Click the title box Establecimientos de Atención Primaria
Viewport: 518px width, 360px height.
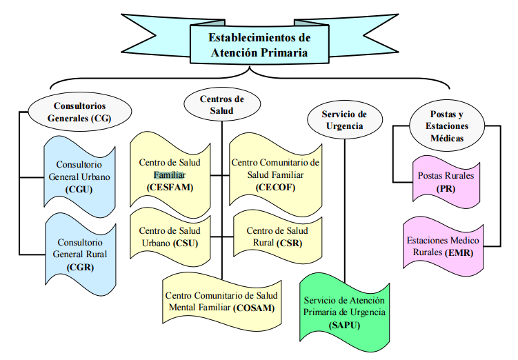(259, 45)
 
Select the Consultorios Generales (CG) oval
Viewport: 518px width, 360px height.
(79, 112)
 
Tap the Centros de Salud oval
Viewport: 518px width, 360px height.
(222, 104)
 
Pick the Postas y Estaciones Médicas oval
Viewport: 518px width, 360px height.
(447, 126)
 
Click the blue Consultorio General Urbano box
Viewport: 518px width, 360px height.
(79, 177)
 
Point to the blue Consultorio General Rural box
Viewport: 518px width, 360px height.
(80, 254)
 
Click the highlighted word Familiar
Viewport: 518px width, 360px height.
(170, 174)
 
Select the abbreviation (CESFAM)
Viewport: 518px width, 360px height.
(170, 188)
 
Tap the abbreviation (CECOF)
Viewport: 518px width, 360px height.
(275, 188)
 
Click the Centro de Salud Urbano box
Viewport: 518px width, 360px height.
(170, 237)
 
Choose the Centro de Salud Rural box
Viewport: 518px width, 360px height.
(277, 237)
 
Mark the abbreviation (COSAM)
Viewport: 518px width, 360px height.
(254, 308)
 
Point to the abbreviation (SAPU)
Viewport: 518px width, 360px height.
(345, 326)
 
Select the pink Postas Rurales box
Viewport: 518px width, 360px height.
(446, 182)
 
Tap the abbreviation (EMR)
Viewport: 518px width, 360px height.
(459, 253)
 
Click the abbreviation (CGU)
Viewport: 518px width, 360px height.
(79, 190)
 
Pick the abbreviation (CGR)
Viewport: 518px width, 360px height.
(80, 267)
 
